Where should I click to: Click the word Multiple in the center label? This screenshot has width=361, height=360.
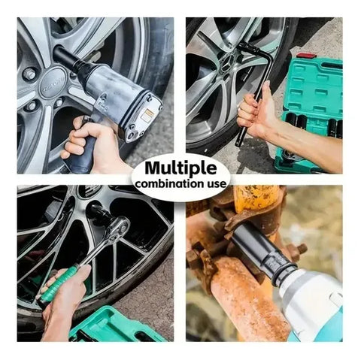pos(180,168)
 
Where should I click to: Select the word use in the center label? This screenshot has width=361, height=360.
pos(217,184)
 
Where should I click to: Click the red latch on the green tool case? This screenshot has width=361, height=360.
pos(304,56)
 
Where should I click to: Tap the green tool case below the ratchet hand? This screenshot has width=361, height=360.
pos(113,325)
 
